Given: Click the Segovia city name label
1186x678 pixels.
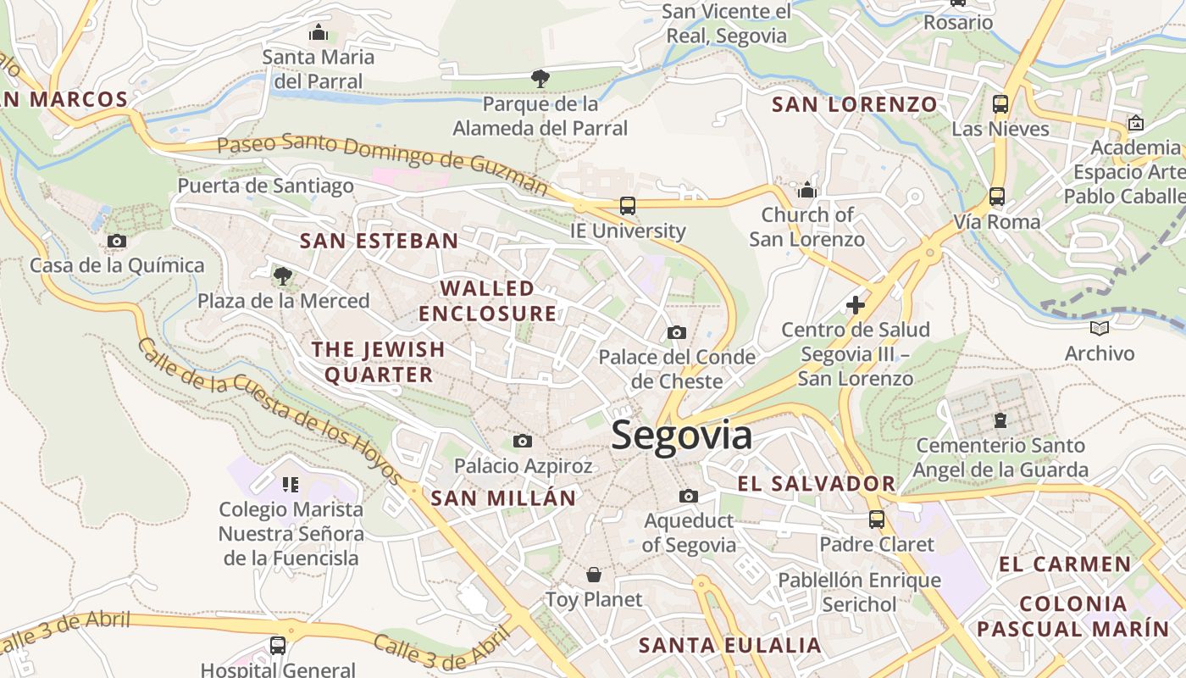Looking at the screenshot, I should click(681, 436).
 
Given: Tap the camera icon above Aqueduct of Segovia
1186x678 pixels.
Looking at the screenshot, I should click(689, 496).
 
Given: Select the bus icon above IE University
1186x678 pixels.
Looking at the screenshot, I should click(627, 205).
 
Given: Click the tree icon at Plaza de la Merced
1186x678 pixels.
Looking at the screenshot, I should click(283, 275).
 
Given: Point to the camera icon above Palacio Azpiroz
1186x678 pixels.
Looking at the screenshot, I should click(523, 441).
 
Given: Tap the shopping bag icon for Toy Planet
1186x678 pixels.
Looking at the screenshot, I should click(594, 575).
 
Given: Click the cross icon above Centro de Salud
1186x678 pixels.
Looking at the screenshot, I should click(856, 304).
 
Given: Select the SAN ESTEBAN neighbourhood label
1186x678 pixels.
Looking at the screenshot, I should click(379, 241).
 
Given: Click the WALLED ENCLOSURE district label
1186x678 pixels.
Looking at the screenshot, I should click(488, 301).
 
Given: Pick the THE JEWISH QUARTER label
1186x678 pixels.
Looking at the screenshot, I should click(378, 362).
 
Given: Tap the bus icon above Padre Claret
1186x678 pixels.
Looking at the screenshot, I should click(876, 519).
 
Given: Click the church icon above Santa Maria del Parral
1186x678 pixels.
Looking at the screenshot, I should click(319, 32).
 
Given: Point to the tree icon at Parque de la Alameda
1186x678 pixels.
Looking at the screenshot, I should click(540, 79).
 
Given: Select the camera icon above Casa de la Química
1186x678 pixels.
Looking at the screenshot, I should click(117, 242).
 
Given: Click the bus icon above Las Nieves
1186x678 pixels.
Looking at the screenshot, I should click(1000, 104).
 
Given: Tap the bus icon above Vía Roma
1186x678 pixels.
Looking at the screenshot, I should click(996, 197).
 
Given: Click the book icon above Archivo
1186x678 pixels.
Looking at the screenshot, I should click(1100, 328).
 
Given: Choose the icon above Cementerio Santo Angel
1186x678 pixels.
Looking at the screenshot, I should click(1000, 420).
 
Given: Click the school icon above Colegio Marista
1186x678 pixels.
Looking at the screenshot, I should click(291, 485).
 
